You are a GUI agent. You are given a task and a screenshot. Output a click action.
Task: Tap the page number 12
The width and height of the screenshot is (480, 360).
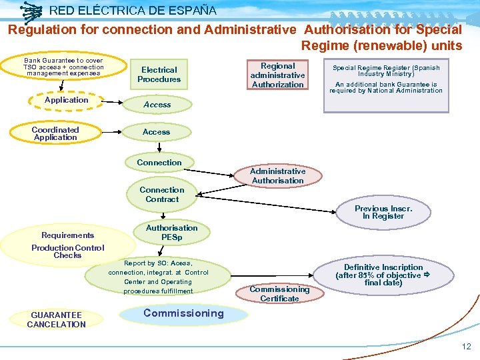[x=466, y=347]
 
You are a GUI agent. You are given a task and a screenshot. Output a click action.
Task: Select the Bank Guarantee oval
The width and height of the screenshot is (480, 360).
[x=63, y=67]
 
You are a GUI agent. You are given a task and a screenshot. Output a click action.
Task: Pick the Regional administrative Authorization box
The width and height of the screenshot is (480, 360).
[x=277, y=75]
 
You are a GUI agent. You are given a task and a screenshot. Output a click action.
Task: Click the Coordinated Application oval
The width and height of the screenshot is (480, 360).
[x=55, y=133]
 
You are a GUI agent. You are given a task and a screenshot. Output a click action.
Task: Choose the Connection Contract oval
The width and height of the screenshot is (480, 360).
[x=162, y=194]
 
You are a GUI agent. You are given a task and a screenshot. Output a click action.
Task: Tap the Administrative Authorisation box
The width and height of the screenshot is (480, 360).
[x=278, y=176]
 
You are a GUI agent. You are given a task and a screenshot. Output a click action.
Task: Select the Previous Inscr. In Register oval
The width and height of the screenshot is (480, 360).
[x=383, y=212]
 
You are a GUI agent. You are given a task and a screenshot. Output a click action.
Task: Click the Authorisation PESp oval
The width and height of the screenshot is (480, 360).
[x=171, y=232]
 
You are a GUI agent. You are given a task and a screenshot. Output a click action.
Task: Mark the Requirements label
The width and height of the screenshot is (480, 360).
[x=67, y=235]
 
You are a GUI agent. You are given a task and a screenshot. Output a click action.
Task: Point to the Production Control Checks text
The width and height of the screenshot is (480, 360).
[x=68, y=251]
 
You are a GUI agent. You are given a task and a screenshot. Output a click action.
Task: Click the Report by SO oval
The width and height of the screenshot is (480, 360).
[x=158, y=277]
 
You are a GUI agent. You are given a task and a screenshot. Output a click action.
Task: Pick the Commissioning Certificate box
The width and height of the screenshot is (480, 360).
[x=279, y=294]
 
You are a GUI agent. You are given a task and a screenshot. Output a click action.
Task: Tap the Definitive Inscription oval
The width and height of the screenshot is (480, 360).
[x=383, y=275]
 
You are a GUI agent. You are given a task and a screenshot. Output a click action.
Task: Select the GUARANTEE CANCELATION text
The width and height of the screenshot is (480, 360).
[x=56, y=320]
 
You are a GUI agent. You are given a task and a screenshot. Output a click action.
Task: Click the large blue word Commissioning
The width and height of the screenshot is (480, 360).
[x=183, y=313]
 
